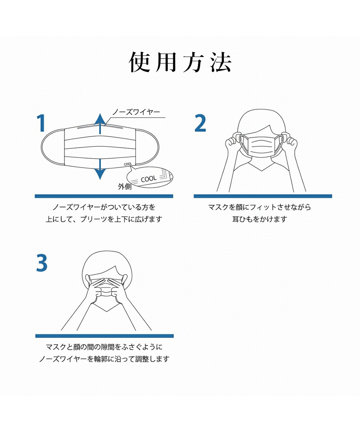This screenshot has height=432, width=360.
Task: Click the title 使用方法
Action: (x=180, y=62)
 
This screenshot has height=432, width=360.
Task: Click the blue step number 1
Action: (x=41, y=123)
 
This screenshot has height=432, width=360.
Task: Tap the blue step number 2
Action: (x=200, y=123)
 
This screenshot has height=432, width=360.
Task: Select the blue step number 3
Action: (x=42, y=263)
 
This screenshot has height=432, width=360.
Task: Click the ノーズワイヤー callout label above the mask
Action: (x=136, y=112)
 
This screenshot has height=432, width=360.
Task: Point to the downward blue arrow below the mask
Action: (x=100, y=169)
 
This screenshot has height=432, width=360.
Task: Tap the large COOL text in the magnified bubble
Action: (x=149, y=179)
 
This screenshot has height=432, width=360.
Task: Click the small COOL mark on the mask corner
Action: (x=128, y=164)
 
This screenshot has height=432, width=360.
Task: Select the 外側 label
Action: (x=124, y=187)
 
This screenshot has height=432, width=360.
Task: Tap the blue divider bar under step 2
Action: (x=263, y=196)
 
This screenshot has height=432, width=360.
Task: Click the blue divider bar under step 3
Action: (x=105, y=336)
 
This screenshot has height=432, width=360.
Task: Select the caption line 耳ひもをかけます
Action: (x=260, y=219)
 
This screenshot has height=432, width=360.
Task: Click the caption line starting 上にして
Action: (x=104, y=219)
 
